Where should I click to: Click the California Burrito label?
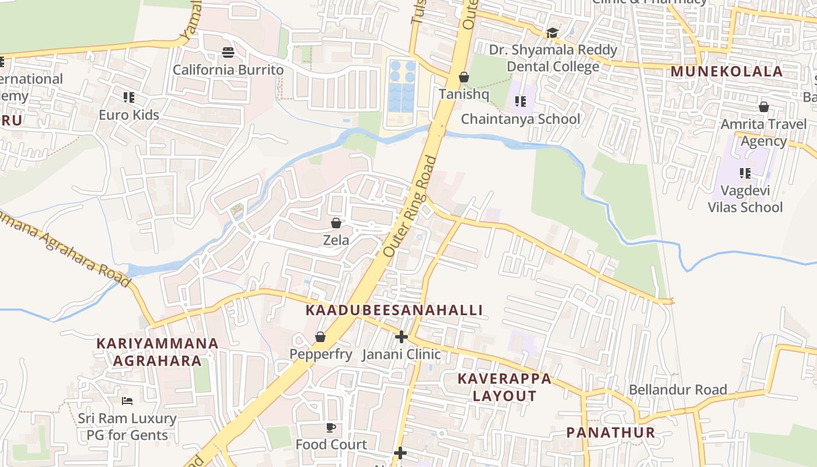coord(228,70)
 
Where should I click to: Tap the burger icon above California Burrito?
coord(228,53)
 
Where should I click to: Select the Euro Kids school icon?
coord(129,97)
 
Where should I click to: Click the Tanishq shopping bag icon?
coord(464,77)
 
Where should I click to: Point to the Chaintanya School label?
coord(521,119)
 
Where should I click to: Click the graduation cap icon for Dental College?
coord(552,33)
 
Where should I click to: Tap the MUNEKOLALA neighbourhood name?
coord(727,72)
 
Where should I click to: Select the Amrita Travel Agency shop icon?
coord(764,107)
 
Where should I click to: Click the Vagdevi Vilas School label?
coord(745,199)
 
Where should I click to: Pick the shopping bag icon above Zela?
coord(336,223)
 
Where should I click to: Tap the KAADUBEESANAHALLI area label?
coord(394,311)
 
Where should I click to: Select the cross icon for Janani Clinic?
coord(401,337)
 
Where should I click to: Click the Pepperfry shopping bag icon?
coord(320,337)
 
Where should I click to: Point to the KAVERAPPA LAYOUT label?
coord(504,387)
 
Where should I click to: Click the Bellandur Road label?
coord(678,389)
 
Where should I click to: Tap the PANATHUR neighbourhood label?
coord(611,433)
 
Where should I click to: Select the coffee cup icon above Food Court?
coord(331,427)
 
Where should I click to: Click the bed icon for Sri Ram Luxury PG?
coord(127,401)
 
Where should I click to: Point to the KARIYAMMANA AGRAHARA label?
coord(157,352)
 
